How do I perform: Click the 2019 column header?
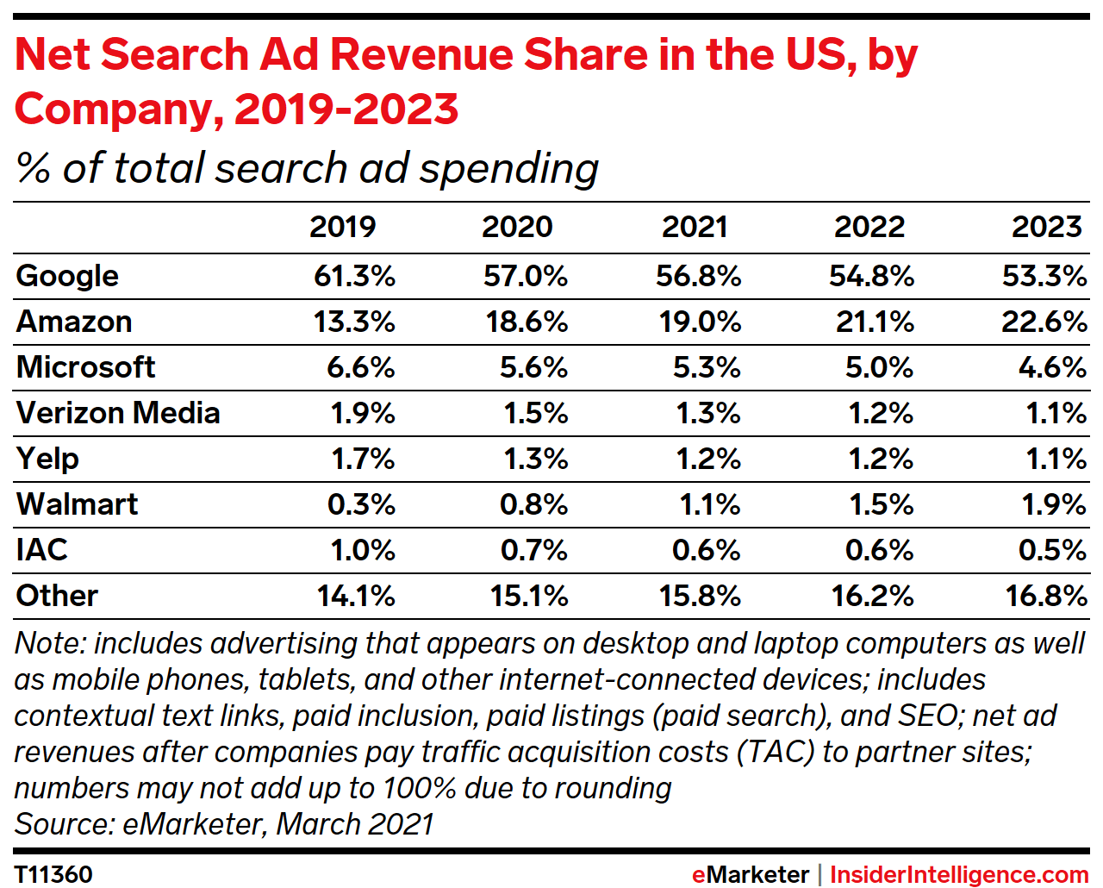(x=342, y=227)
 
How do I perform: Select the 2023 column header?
(x=1046, y=227)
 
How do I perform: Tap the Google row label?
(x=67, y=276)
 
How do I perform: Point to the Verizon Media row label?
(x=118, y=413)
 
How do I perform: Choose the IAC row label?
(x=41, y=550)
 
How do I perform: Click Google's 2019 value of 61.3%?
(x=354, y=276)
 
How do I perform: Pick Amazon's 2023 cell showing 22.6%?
(x=1044, y=322)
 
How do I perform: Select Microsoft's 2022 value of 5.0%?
(x=878, y=367)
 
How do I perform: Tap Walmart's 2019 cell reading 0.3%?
(x=361, y=504)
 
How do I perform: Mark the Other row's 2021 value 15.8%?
(x=700, y=596)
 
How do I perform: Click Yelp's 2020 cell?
(x=535, y=459)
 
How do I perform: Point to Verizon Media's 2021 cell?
(x=707, y=413)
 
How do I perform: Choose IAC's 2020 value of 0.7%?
(x=533, y=550)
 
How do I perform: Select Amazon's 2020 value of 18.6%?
(x=527, y=322)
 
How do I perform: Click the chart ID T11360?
(x=53, y=874)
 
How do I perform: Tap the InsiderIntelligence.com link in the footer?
(x=959, y=874)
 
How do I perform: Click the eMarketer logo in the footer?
(x=750, y=874)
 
